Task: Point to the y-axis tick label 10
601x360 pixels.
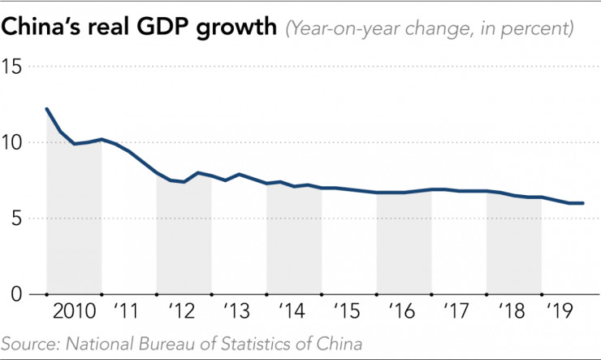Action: (14, 142)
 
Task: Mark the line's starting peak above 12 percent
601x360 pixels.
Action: (46, 108)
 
